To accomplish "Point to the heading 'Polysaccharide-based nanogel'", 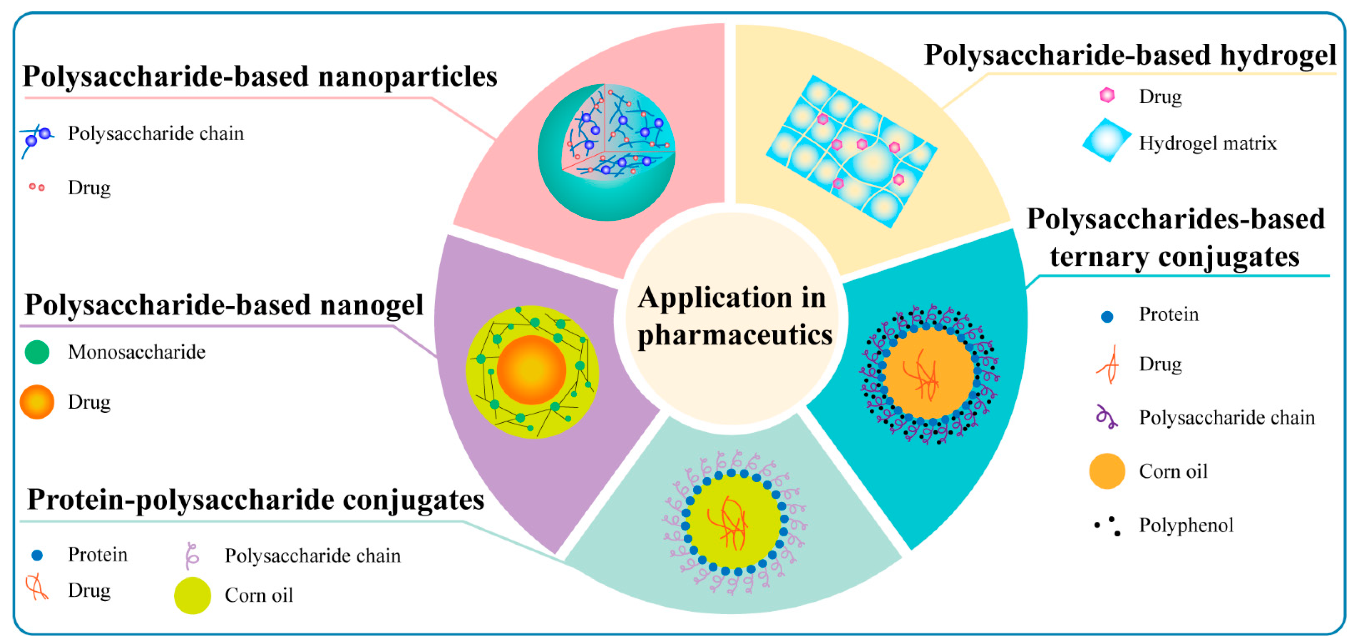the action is coord(224,305).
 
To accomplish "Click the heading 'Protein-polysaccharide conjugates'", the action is coord(255,499).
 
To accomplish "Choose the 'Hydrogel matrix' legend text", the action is coord(1207,143).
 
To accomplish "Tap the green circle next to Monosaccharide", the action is coord(37,352).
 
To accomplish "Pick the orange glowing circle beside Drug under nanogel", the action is coord(37,402).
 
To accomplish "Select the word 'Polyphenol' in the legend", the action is coord(1186,525).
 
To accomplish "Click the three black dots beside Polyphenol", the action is coord(1108,525).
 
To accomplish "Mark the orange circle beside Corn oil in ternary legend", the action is coord(1107,471).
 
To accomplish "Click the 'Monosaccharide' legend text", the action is coord(136,352).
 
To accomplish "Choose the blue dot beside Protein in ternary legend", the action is coord(1107,316).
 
